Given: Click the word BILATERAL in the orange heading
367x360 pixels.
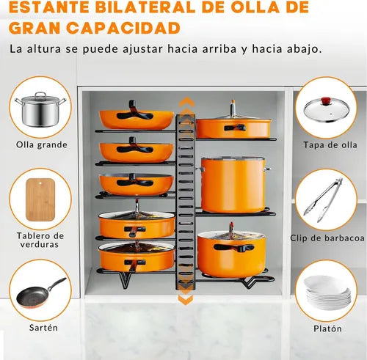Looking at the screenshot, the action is tap(145, 7).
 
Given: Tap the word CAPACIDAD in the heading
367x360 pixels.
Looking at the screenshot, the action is tap(123, 28).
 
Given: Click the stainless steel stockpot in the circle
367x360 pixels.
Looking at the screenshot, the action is tap(40, 109).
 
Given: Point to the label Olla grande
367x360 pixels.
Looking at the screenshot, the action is tap(42, 144).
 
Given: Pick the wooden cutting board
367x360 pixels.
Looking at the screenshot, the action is tap(40, 199).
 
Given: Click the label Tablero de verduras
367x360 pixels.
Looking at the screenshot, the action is tap(40, 240).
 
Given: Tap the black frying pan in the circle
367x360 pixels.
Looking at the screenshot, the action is tap(40, 293).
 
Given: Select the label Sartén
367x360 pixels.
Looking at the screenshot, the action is tap(43, 328).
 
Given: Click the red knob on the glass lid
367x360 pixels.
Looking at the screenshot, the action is tap(326, 100).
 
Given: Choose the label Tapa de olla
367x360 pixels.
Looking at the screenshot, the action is tap(330, 145).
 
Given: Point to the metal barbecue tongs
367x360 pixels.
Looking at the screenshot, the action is tap(323, 200).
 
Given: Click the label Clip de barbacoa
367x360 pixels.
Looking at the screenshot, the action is tap(327, 238).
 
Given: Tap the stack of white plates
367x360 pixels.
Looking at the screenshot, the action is tap(327, 293).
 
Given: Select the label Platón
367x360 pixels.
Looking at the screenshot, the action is tap(327, 328).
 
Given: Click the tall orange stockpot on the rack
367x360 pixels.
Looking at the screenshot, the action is tap(233, 185).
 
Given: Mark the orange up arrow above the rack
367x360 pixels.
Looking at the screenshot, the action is tap(186, 102).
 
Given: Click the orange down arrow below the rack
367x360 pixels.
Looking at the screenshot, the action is tap(186, 300).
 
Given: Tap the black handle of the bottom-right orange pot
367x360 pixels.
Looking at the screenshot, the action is tap(234, 248).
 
